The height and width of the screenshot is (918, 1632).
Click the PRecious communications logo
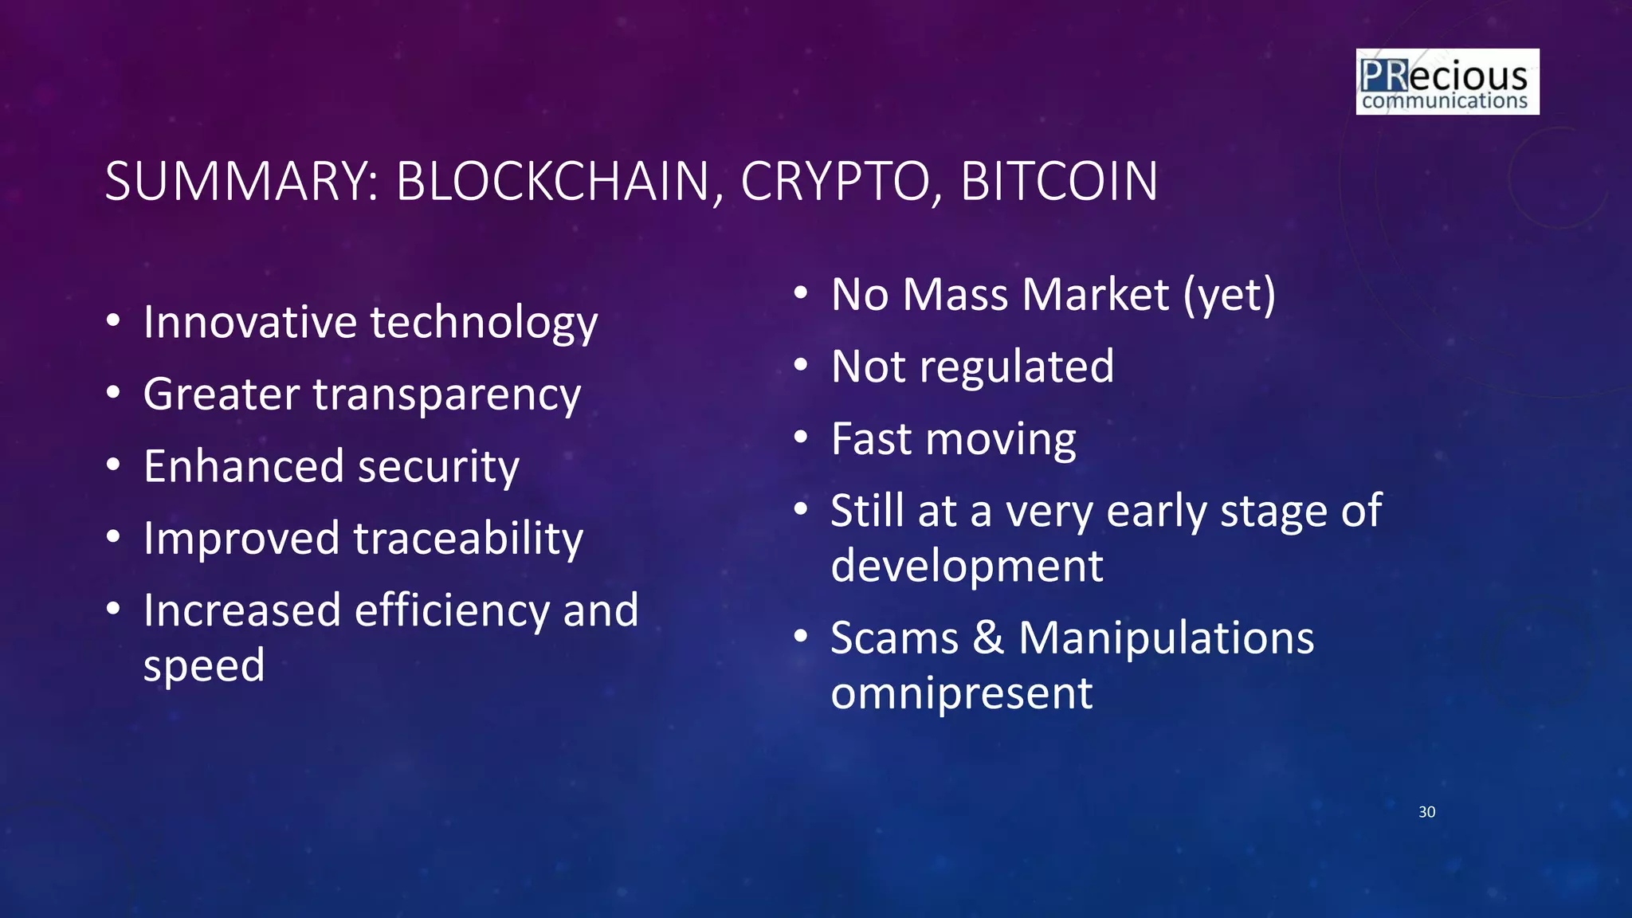(1447, 82)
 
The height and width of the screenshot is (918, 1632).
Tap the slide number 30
(1426, 812)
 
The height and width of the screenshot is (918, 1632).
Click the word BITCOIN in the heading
(1059, 182)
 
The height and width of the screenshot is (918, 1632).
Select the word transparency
(447, 395)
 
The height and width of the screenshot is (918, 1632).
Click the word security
(439, 466)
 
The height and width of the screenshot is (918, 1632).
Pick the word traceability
(469, 539)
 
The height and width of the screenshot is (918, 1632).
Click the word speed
(204, 666)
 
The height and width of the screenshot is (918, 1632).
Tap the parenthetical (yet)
(1230, 295)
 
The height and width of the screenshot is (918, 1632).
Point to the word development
(967, 567)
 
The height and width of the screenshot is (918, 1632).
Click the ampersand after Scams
(989, 638)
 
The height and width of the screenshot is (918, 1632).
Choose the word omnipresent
(961, 693)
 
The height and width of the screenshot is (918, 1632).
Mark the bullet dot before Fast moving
(801, 437)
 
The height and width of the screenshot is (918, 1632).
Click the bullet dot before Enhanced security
(113, 465)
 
